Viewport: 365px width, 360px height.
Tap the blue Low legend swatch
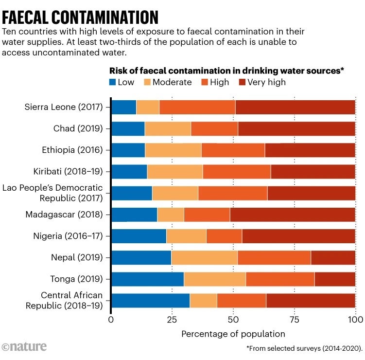tap(113, 82)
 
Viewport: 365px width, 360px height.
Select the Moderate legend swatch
tap(148, 82)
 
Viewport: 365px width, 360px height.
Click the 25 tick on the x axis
tap(172, 320)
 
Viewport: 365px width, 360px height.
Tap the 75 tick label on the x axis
tap(294, 320)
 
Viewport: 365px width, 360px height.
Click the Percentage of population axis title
tap(233, 334)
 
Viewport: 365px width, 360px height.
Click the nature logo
tap(24, 346)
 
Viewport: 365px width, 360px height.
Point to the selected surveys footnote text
tap(305, 349)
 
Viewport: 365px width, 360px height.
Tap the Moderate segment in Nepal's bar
tap(204, 257)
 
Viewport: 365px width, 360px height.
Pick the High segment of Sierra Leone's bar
tap(197, 107)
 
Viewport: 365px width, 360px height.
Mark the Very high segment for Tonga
tap(335, 279)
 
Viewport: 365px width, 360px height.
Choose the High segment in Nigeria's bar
tap(224, 236)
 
